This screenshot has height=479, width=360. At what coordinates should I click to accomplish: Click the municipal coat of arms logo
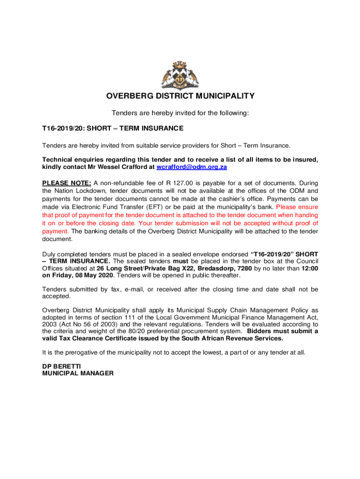pos(180,75)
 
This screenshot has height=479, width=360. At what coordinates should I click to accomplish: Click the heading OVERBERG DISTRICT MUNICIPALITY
pos(180,96)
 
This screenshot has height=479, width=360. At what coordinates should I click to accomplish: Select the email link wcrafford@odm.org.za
pos(192,167)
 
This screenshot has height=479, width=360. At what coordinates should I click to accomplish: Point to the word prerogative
pos(78,353)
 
